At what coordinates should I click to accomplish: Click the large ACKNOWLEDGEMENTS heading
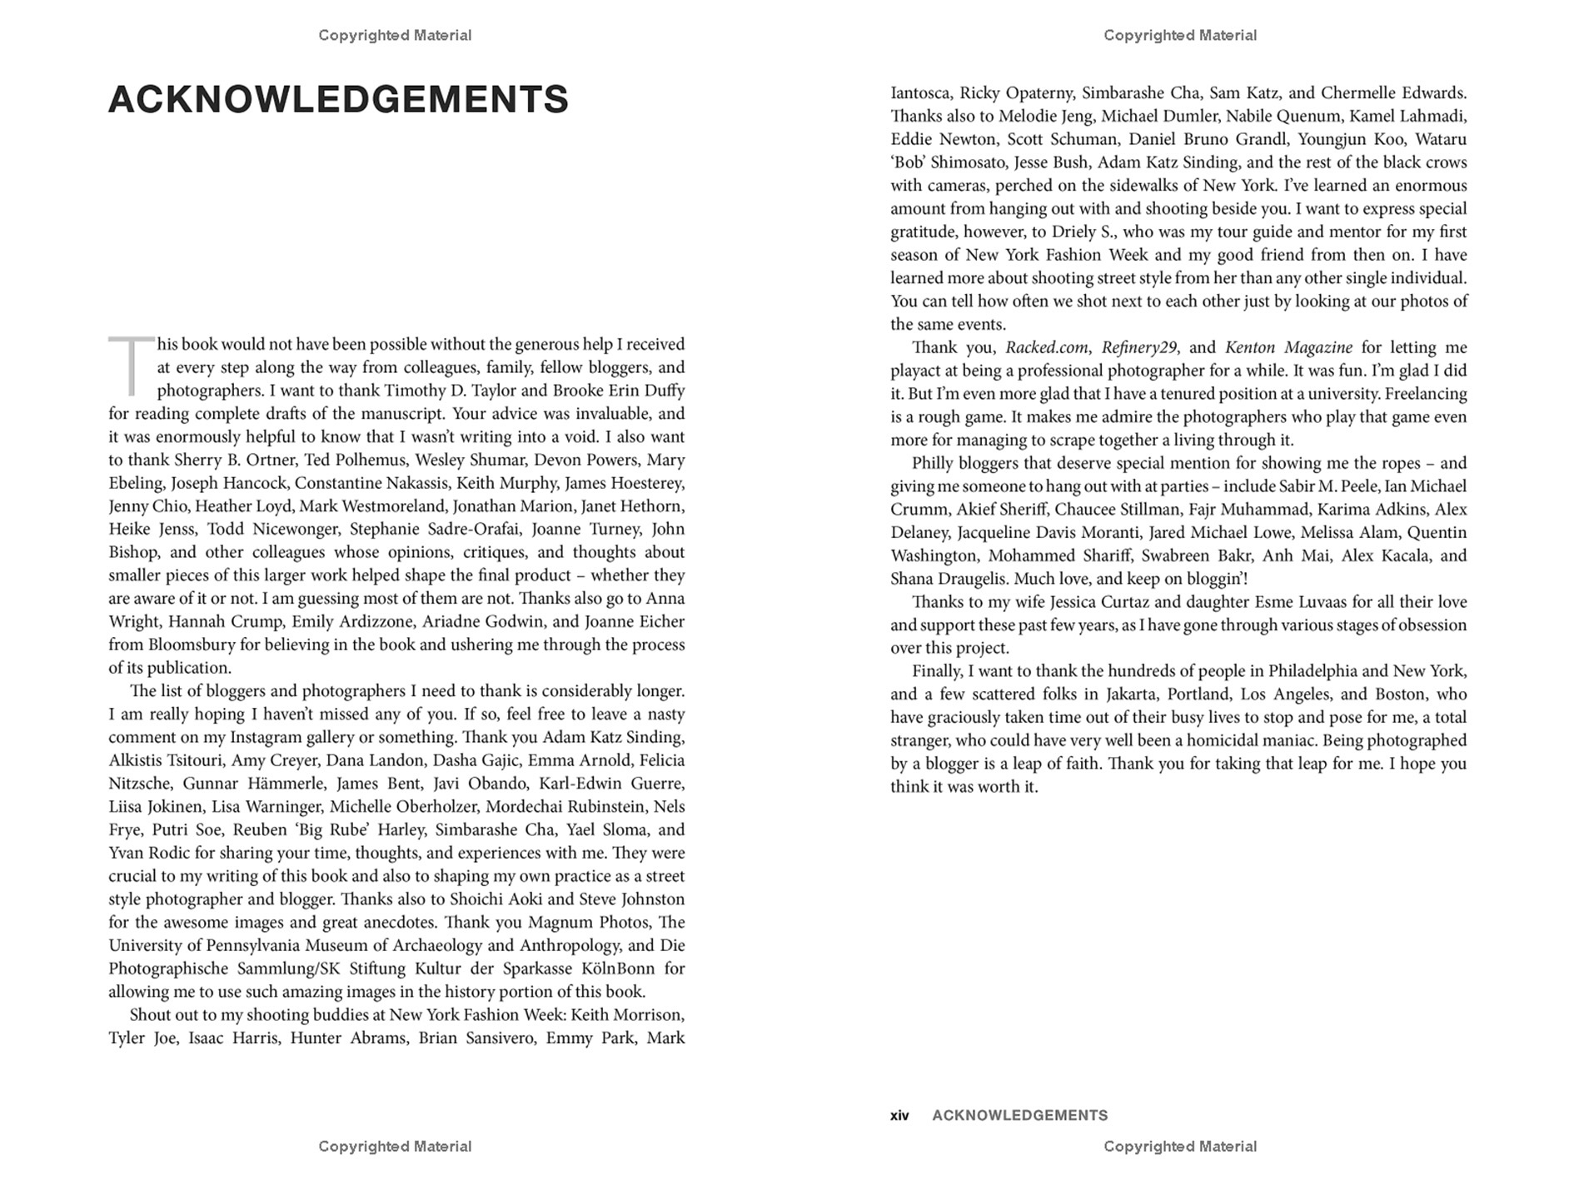[338, 100]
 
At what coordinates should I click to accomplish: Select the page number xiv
[899, 1116]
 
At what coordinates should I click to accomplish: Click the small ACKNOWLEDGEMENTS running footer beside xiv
[1019, 1116]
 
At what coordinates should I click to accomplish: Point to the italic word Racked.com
[1047, 348]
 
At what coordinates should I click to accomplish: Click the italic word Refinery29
[1139, 348]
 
